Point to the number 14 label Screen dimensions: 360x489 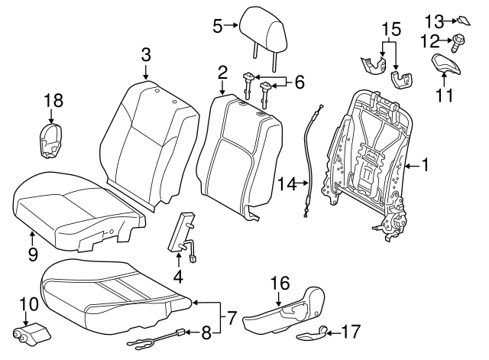[287, 183]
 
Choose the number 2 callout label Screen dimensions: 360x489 [222, 73]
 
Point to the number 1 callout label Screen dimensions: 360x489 [426, 164]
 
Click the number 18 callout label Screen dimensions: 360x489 [52, 99]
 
